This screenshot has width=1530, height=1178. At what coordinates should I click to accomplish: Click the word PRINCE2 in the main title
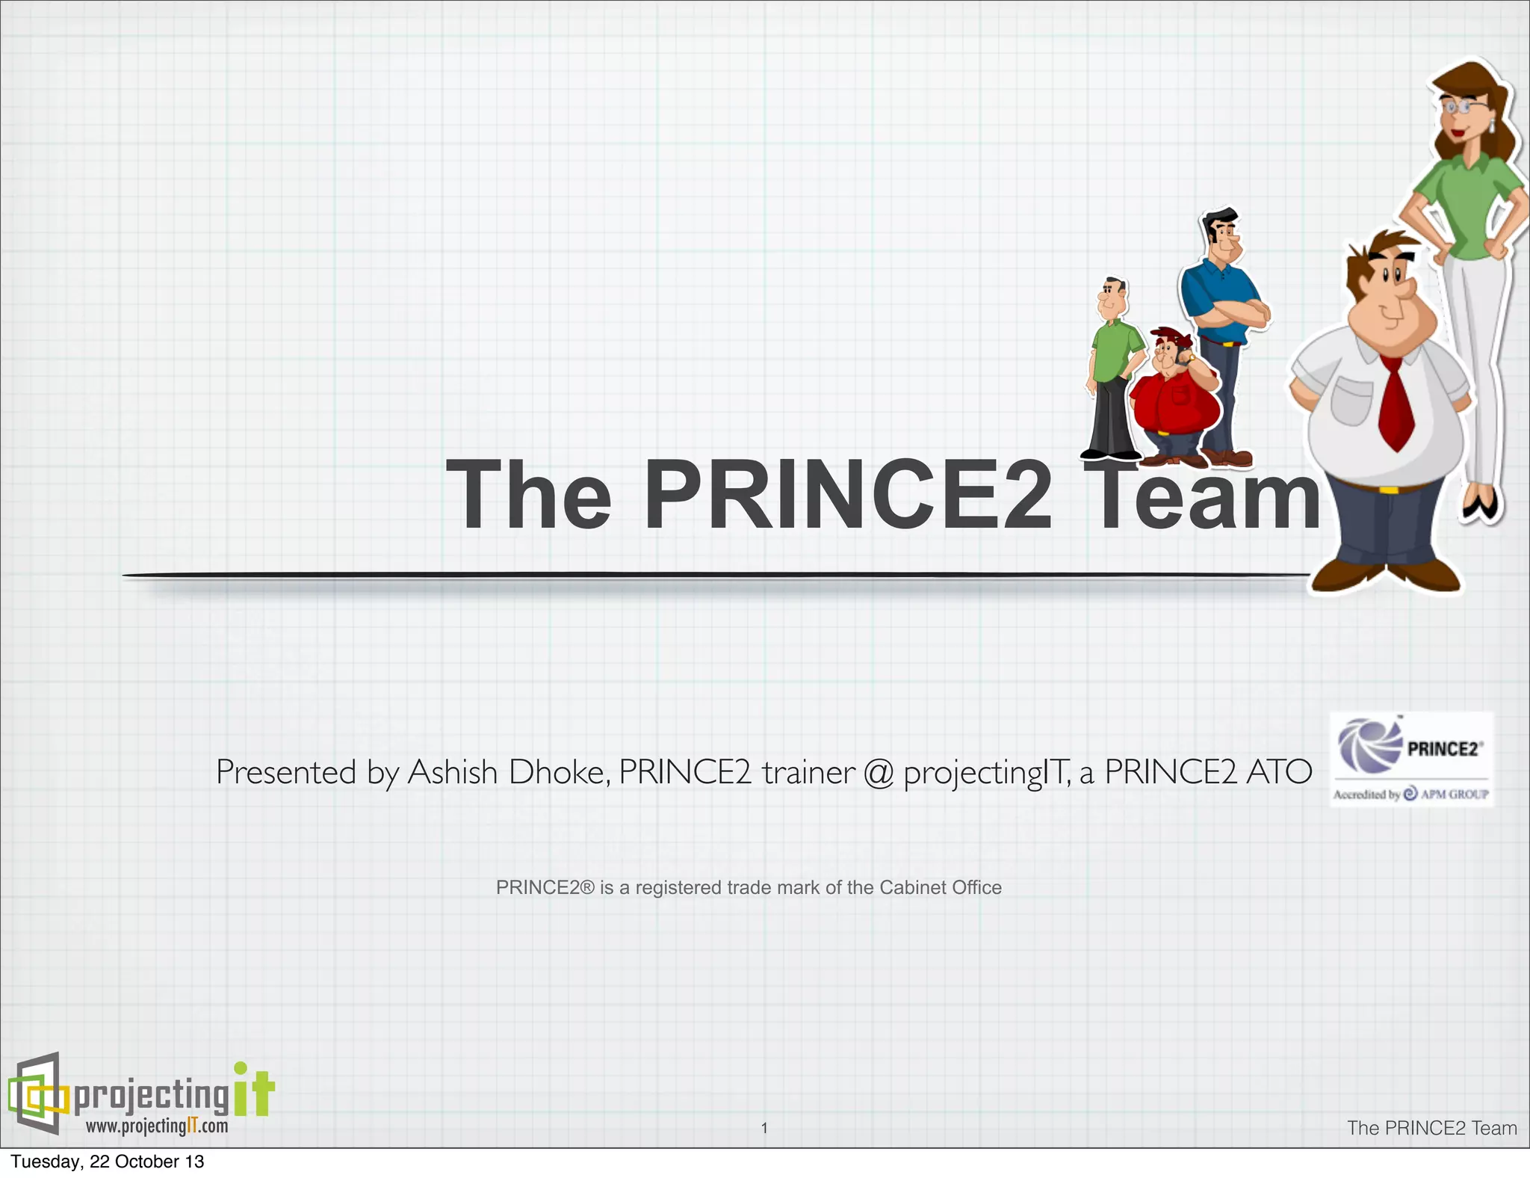(848, 496)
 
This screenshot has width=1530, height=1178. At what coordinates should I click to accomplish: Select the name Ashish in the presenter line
(452, 772)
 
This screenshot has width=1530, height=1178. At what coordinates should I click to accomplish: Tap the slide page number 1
(764, 1128)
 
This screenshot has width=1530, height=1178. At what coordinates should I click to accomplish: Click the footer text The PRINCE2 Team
(1431, 1128)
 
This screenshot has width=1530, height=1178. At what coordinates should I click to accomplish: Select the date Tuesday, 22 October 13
(108, 1162)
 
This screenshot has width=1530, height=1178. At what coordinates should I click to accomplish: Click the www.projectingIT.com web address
(157, 1126)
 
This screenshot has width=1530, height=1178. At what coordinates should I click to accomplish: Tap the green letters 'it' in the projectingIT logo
(254, 1091)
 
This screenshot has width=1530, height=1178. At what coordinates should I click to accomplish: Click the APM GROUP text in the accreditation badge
(1454, 794)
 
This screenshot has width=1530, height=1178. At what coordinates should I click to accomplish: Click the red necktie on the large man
(1396, 404)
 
